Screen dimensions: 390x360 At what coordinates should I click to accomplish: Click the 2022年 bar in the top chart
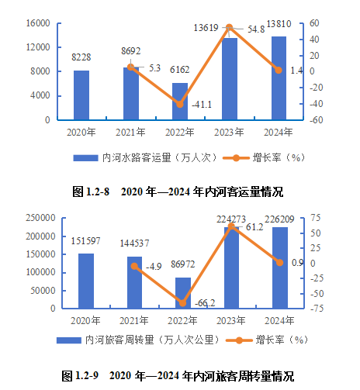(x=180, y=102)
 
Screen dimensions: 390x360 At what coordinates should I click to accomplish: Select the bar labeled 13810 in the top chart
(x=279, y=78)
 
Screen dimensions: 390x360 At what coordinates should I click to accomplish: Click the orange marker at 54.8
(x=229, y=28)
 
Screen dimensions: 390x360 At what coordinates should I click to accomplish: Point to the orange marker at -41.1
(x=180, y=104)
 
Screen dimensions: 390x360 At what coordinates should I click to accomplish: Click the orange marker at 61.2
(x=230, y=226)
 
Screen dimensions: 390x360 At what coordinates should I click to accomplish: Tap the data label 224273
(x=229, y=218)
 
